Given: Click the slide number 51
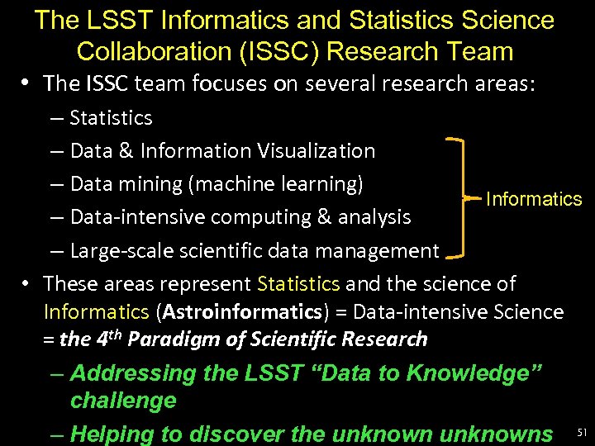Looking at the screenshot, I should [582, 432].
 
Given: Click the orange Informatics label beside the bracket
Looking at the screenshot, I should [534, 199].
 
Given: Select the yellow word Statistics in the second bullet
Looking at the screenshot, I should [298, 284].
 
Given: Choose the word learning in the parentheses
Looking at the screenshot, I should [319, 183].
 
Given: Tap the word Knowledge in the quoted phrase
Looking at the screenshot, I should [482, 372].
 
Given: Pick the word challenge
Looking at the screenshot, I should [123, 401].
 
